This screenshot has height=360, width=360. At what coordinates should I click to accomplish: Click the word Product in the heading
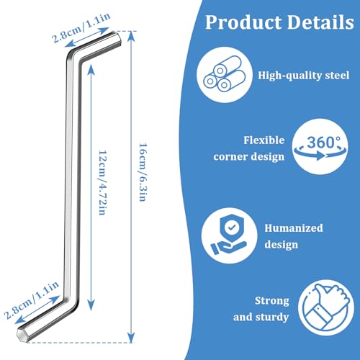click(243, 22)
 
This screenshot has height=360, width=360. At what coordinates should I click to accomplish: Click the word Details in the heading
click(320, 22)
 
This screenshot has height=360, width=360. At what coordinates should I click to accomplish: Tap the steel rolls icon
click(225, 75)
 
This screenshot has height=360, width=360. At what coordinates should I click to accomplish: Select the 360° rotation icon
click(320, 146)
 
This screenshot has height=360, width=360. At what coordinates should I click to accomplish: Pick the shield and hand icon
click(229, 235)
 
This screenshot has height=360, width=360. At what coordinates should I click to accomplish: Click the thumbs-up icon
click(326, 307)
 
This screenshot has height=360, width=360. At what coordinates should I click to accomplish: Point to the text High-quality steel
click(304, 76)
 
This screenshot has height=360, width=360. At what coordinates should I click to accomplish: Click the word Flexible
click(264, 140)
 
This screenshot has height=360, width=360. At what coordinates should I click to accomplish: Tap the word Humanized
click(294, 228)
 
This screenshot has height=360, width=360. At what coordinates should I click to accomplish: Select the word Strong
click(272, 301)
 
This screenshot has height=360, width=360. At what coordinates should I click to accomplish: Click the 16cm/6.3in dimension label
click(143, 172)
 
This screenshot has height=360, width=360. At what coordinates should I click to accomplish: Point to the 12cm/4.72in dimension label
click(103, 183)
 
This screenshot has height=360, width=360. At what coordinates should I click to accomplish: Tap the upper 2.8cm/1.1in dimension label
click(81, 28)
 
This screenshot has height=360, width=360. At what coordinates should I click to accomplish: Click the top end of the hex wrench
click(117, 39)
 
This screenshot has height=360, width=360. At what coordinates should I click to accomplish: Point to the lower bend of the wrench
click(71, 303)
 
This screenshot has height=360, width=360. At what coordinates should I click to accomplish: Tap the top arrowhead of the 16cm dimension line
click(131, 35)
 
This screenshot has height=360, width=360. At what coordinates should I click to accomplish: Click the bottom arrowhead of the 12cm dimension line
click(91, 306)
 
